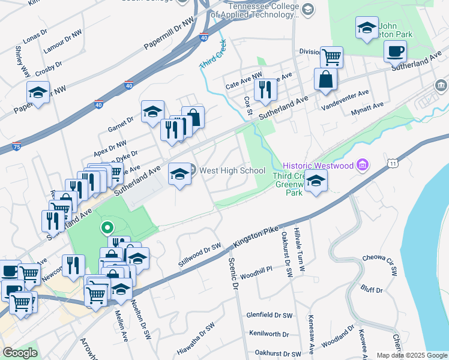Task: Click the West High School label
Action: [232, 170]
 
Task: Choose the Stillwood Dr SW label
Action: [200, 255]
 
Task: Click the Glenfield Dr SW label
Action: [270, 314]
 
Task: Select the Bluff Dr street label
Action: [372, 289]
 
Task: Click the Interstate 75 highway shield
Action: [17, 146]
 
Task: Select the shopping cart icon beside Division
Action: [331, 57]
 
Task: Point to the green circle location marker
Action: [107, 227]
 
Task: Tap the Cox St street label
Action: [247, 102]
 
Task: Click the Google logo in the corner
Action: [20, 353]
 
